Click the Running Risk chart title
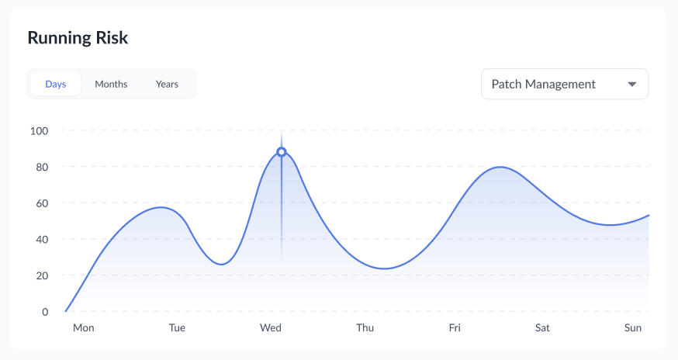(x=78, y=37)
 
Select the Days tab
(x=55, y=84)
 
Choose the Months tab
(x=111, y=84)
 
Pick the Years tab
(x=167, y=84)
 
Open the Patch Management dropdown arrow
(x=632, y=84)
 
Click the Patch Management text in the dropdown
(x=543, y=84)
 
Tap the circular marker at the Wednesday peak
(x=282, y=152)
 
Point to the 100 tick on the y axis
(x=39, y=130)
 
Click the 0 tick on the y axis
(x=44, y=312)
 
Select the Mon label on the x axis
(x=83, y=328)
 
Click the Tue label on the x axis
(x=177, y=328)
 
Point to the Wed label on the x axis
(x=271, y=328)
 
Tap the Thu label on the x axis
(x=365, y=328)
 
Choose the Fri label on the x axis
(x=455, y=328)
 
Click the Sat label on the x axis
(x=542, y=328)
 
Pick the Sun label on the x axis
(x=633, y=328)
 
